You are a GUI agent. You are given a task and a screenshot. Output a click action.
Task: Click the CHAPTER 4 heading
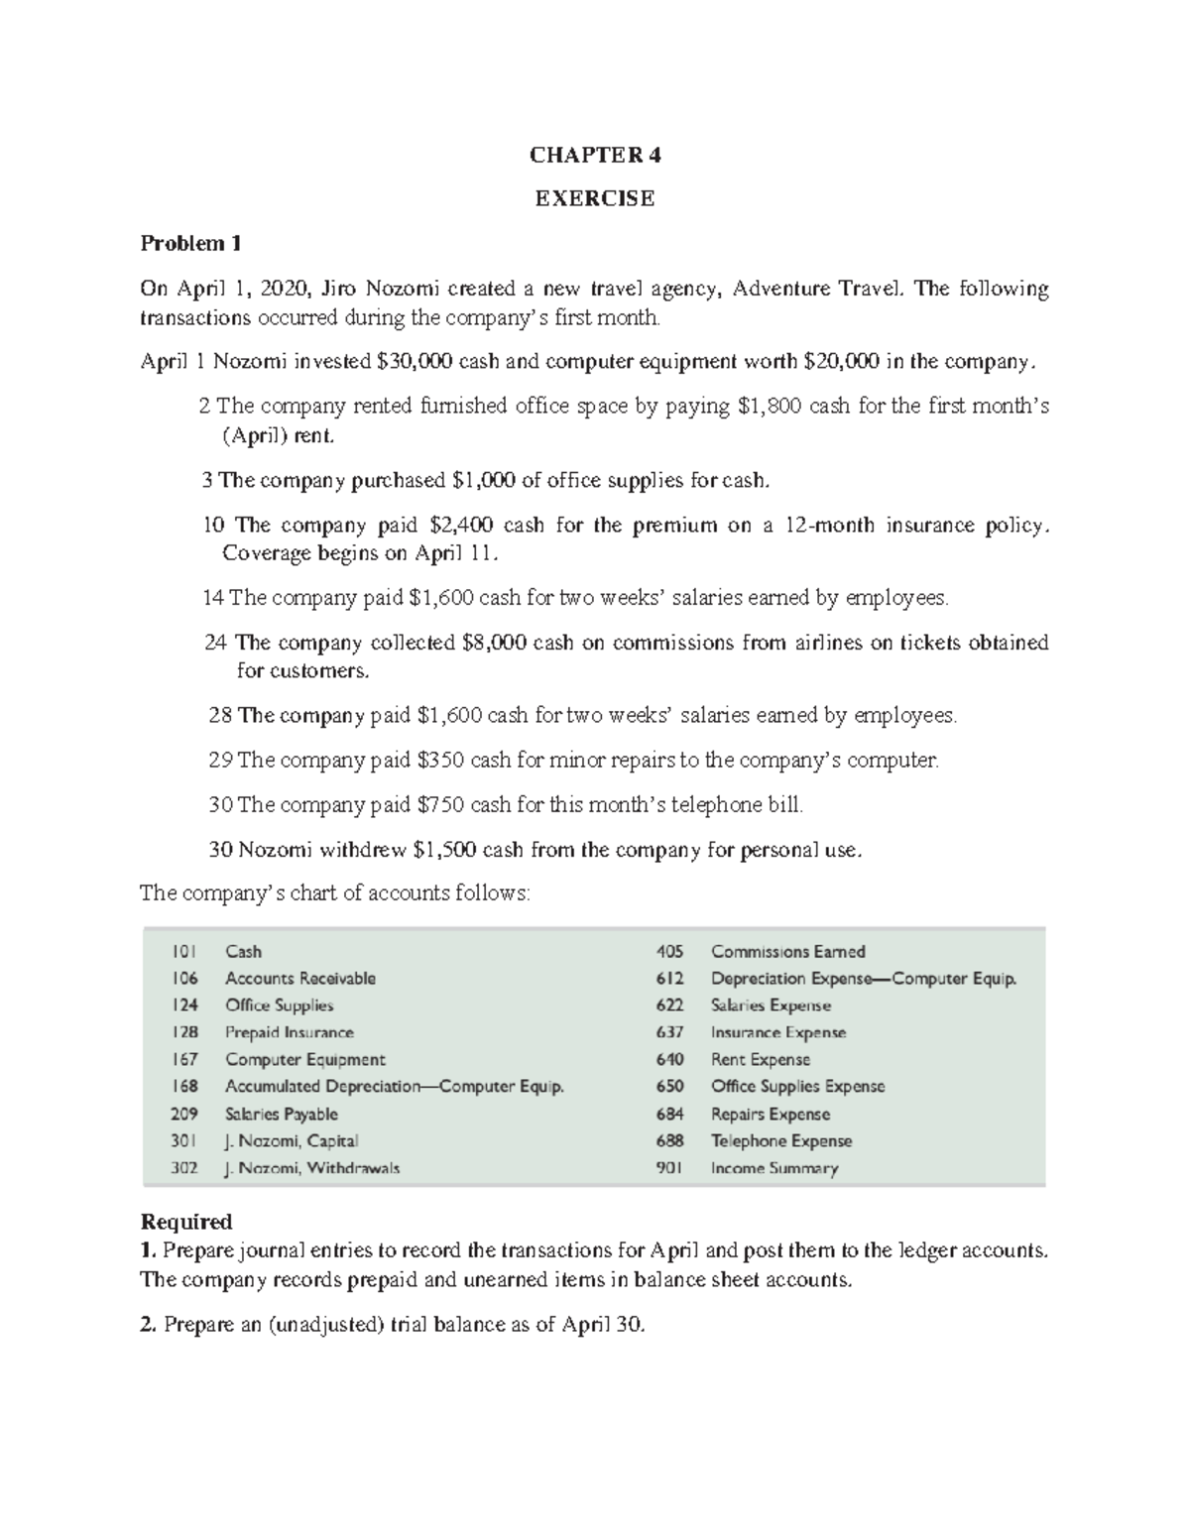click(595, 155)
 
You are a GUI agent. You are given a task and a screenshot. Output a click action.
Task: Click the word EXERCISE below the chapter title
click(595, 198)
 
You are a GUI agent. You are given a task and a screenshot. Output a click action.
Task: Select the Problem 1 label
click(190, 243)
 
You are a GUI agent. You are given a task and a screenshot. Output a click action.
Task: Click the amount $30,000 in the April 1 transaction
click(416, 362)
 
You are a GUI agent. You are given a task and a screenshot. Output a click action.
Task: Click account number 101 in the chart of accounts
click(183, 952)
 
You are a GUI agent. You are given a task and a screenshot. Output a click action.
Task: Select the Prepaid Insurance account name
click(289, 1032)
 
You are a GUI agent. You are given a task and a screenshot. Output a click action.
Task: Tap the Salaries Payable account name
click(281, 1114)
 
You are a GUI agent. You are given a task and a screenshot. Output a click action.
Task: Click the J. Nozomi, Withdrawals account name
click(312, 1168)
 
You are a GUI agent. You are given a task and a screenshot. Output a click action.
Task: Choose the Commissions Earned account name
click(787, 952)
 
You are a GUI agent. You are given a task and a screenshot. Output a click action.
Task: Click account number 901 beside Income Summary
click(669, 1168)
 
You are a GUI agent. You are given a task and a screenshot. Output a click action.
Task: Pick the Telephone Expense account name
click(780, 1141)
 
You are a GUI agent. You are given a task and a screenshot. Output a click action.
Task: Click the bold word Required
click(186, 1221)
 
